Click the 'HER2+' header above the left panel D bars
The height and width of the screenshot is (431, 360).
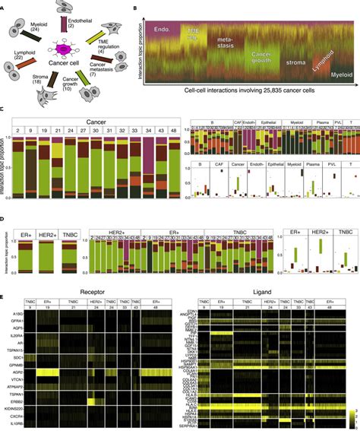[x=50, y=225]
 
